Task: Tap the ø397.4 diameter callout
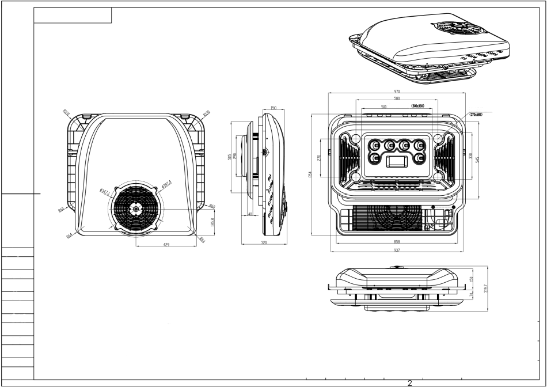(x=166, y=184)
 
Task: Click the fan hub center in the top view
(x=136, y=210)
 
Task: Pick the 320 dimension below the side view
(x=264, y=243)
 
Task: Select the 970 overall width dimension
(x=397, y=92)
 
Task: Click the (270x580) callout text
(x=476, y=115)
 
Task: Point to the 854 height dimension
(x=310, y=174)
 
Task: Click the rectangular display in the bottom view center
(x=397, y=161)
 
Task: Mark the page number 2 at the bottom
(x=410, y=383)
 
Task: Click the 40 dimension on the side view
(x=250, y=214)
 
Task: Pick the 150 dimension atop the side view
(x=273, y=108)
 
